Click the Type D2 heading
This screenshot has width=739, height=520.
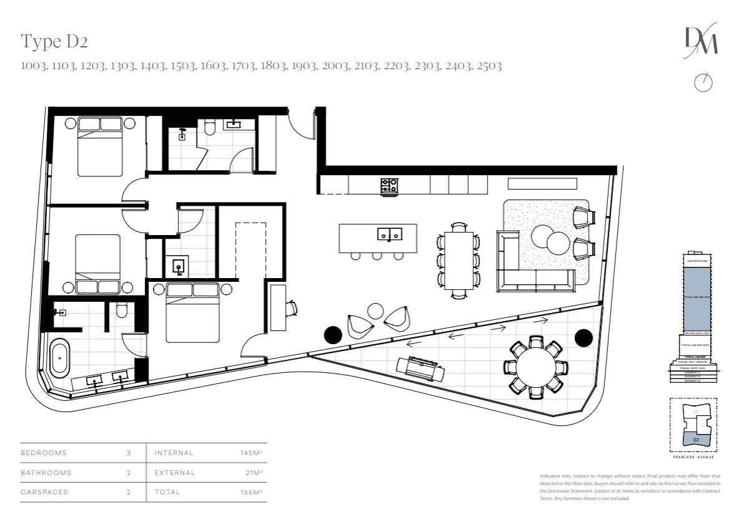[54, 42]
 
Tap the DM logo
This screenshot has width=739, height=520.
[702, 42]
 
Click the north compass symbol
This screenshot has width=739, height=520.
[703, 83]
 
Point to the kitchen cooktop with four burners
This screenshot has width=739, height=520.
[389, 185]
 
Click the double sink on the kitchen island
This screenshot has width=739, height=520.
[389, 234]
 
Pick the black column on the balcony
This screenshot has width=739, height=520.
[583, 338]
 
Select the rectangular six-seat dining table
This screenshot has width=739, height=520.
[459, 259]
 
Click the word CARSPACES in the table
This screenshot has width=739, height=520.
[44, 493]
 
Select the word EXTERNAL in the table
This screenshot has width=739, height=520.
[175, 473]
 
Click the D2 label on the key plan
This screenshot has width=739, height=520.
[696, 440]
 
